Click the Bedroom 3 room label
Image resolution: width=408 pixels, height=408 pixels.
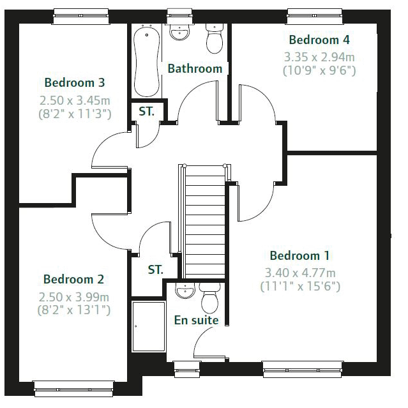75,82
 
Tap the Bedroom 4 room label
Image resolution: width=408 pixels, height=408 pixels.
319,40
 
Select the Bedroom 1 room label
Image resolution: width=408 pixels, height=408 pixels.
299,255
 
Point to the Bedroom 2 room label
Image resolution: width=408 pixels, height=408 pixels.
73,279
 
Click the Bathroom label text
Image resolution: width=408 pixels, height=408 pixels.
195,69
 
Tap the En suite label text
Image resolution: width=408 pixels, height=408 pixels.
196,320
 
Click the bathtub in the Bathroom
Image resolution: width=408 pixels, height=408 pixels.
146,61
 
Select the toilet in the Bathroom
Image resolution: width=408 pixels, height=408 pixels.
215,38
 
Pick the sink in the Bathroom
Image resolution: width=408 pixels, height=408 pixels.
179,33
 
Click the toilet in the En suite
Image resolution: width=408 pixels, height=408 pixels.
209,298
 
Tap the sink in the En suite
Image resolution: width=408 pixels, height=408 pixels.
185,291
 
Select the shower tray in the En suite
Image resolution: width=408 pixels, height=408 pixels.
149,326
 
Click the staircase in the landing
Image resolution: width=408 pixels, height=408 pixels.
204,222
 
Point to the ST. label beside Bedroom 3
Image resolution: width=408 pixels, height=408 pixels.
146,111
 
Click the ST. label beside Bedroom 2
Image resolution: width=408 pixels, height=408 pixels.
156,269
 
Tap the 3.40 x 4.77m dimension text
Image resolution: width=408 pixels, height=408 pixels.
300,273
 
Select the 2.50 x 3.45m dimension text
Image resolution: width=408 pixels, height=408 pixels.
75,100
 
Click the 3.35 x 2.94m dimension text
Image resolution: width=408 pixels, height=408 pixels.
319,57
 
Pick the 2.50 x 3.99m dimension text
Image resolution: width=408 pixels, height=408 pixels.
73,297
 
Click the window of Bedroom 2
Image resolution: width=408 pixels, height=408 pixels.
73,389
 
